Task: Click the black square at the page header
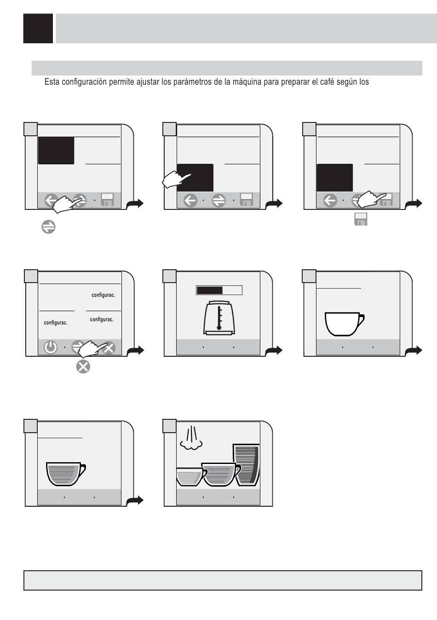(x=38, y=28)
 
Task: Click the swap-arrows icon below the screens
(x=48, y=227)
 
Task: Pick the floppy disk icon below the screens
(x=361, y=219)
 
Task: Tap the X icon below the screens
(x=83, y=367)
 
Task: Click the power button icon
(x=51, y=348)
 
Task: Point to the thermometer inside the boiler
(x=219, y=318)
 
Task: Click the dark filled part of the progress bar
(x=210, y=290)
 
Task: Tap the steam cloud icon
(x=191, y=439)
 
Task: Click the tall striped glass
(x=246, y=465)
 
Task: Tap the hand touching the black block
(x=176, y=180)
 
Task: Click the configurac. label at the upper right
(x=103, y=295)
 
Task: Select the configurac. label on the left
(x=56, y=323)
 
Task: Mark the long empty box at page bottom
(x=223, y=580)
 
